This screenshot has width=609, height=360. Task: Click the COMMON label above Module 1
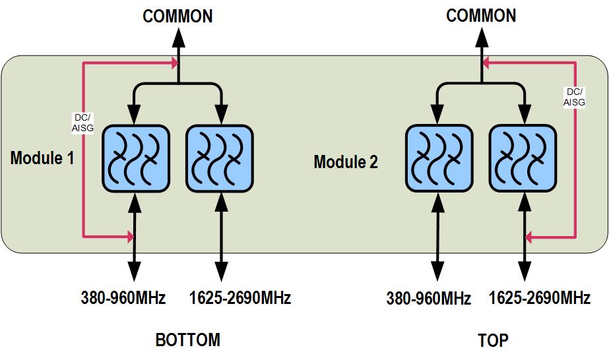coord(177,16)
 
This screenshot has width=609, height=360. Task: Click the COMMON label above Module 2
coord(481,16)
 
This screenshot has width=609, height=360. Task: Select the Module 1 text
coord(42,158)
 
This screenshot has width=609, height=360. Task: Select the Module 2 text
coord(345,162)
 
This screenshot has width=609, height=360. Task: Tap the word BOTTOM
coord(187,340)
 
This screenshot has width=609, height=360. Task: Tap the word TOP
coord(493,340)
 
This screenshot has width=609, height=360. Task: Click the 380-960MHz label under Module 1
coord(123,298)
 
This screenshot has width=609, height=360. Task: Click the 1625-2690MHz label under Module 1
coord(240,298)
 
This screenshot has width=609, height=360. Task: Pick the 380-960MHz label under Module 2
coord(428,299)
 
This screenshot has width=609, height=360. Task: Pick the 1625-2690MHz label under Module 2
coord(540,298)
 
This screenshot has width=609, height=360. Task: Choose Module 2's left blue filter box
coord(438,158)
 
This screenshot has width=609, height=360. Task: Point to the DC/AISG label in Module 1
coord(82,123)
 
